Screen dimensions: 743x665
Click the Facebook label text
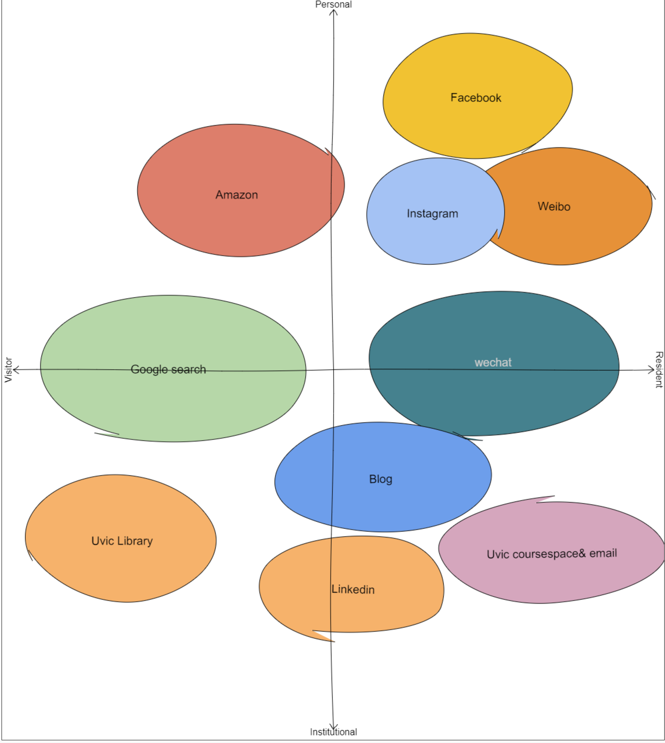pyautogui.click(x=476, y=98)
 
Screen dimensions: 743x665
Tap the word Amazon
pyautogui.click(x=237, y=195)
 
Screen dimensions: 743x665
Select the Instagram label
pyautogui.click(x=432, y=214)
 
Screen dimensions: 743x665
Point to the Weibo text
pyautogui.click(x=554, y=206)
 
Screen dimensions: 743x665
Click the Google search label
pyautogui.click(x=168, y=369)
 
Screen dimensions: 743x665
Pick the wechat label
pyautogui.click(x=493, y=362)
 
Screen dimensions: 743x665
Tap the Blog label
pyautogui.click(x=380, y=479)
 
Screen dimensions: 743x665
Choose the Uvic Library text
pyautogui.click(x=122, y=541)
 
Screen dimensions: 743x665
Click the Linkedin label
pyautogui.click(x=353, y=589)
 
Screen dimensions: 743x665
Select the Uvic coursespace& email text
pyautogui.click(x=551, y=554)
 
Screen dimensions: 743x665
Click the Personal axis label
pyautogui.click(x=333, y=4)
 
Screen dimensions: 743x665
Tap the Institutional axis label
pyautogui.click(x=333, y=732)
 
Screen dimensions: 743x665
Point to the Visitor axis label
pyautogui.click(x=8, y=370)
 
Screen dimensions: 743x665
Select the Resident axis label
pyautogui.click(x=659, y=370)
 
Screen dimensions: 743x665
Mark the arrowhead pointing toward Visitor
pyautogui.click(x=16, y=370)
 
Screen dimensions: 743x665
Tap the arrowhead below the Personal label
pyautogui.click(x=333, y=12)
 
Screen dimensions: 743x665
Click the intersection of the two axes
pyautogui.click(x=333, y=370)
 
